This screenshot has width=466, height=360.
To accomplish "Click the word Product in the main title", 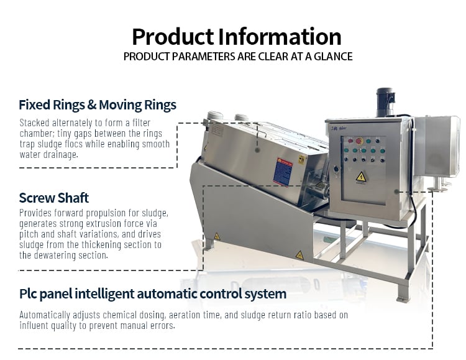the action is pyautogui.click(x=173, y=37).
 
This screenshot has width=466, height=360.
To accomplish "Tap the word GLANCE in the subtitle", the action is pyautogui.click(x=333, y=57).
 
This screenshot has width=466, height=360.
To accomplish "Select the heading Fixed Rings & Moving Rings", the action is pyautogui.click(x=98, y=105).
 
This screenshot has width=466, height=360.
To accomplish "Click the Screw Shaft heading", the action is pyautogui.click(x=54, y=198).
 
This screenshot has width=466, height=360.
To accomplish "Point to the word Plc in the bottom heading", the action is pyautogui.click(x=28, y=294).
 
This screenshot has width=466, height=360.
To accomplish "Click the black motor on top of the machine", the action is pyautogui.click(x=385, y=102).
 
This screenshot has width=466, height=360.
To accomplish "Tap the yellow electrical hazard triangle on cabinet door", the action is pyautogui.click(x=361, y=177).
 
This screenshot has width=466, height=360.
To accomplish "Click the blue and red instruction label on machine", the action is pyautogui.click(x=283, y=173).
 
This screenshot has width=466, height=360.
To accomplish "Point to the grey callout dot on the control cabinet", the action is pyautogui.click(x=396, y=192).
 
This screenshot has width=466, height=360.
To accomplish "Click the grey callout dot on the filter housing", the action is pyautogui.click(x=258, y=150).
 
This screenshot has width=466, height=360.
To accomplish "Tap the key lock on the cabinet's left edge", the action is pyautogui.click(x=336, y=169).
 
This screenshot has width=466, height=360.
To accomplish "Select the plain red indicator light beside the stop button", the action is pyautogui.click(x=350, y=141).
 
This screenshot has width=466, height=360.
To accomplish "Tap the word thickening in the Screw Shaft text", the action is pyautogui.click(x=101, y=245).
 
